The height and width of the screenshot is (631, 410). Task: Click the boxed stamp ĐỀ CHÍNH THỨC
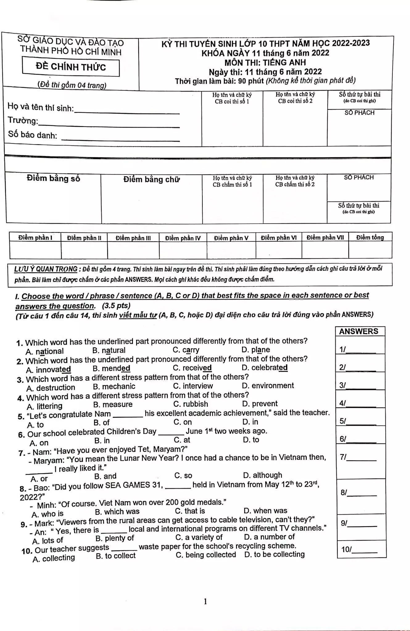71,67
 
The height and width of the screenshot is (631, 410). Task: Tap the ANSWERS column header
358,331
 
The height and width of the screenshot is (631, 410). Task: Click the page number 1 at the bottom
205,601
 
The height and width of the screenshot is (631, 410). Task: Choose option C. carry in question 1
186,350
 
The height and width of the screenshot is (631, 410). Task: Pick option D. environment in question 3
268,386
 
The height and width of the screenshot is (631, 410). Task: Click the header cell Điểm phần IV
183,238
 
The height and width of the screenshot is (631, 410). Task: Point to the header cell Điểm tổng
370,237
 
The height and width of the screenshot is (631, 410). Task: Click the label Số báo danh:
33,135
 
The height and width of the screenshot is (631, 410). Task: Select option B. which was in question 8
117,512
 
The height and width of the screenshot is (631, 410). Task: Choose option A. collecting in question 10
54,558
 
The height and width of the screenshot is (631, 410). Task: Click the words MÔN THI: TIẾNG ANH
265,63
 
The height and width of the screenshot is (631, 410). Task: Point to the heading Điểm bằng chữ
151,179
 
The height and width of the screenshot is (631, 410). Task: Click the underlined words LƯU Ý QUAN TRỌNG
46,269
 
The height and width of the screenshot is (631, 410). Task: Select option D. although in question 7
262,475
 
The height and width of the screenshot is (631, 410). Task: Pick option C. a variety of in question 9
199,537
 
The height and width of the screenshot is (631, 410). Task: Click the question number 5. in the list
21,416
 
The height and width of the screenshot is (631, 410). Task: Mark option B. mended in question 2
111,368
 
